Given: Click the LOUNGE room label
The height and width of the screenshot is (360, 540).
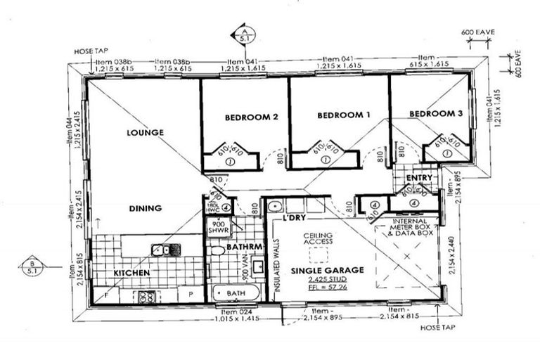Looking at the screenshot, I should pos(146,131).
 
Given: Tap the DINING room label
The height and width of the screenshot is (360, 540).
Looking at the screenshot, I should pos(146,208).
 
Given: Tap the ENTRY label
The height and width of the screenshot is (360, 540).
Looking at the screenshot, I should pos(419,178).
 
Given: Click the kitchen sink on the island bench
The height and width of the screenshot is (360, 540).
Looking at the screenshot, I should pos(161,250).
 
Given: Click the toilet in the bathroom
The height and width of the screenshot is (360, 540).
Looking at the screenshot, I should pos(217,250).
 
